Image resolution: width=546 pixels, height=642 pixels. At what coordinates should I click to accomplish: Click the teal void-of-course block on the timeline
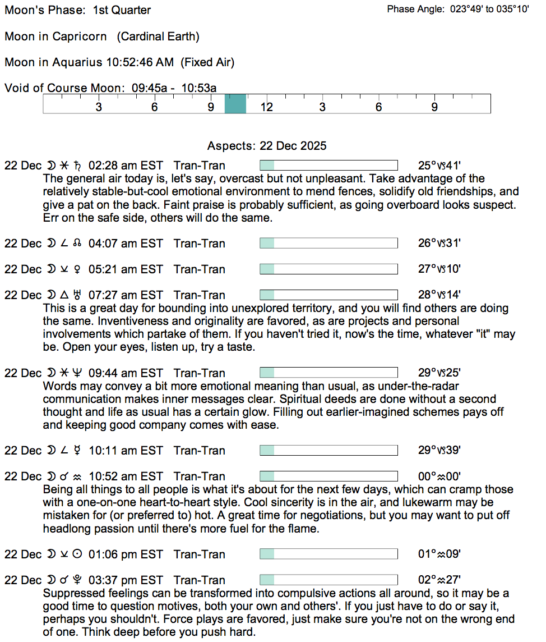[235, 104]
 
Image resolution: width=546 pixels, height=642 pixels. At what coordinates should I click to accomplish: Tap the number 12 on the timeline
[267, 107]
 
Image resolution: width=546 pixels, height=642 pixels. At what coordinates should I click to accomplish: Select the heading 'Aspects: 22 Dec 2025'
[267, 146]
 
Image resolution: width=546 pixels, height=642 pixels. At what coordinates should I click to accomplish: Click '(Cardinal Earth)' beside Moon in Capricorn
[158, 36]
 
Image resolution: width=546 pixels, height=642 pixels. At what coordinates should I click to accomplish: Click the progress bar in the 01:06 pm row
[328, 554]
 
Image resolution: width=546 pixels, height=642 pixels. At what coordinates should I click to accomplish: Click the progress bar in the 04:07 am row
[328, 244]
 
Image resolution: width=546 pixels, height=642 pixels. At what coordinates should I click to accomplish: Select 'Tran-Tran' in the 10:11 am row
[200, 451]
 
